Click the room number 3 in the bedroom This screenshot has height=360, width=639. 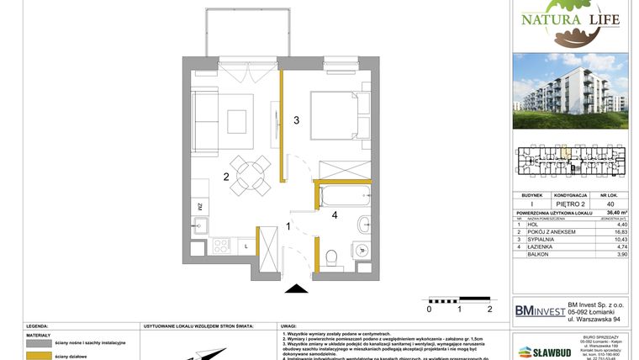point(296,120)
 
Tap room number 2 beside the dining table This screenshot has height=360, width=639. point(226,177)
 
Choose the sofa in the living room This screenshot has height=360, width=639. point(203,118)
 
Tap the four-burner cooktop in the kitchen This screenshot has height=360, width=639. point(221,246)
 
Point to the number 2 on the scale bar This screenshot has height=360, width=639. point(489,309)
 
